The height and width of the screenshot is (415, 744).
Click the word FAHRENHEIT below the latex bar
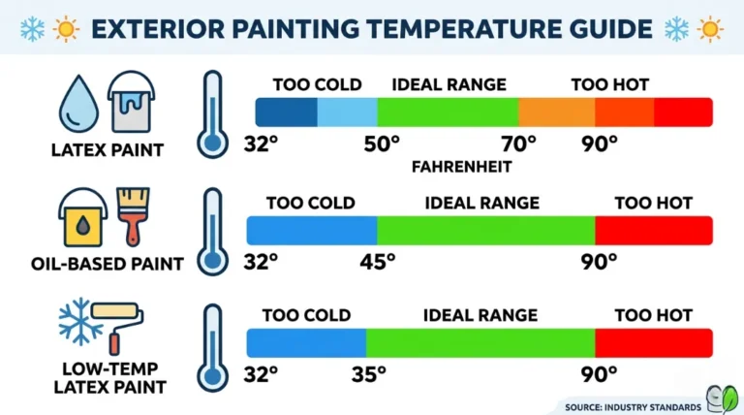coord(461,166)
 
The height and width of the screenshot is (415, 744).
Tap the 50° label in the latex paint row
coord(382,144)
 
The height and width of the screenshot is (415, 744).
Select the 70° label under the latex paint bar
coord(518,144)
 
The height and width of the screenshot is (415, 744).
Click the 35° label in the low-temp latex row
coord(367,373)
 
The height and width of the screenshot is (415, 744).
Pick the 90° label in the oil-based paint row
coord(600,262)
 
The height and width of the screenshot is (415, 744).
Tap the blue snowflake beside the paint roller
coord(79,323)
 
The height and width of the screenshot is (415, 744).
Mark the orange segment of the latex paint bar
coord(556,112)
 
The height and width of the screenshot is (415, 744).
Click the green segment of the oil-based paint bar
coord(485,230)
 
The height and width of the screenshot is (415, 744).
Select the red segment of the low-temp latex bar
coord(654,342)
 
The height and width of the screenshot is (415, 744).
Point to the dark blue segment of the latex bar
coord(286,112)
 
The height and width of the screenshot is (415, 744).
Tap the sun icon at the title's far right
coord(709,28)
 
